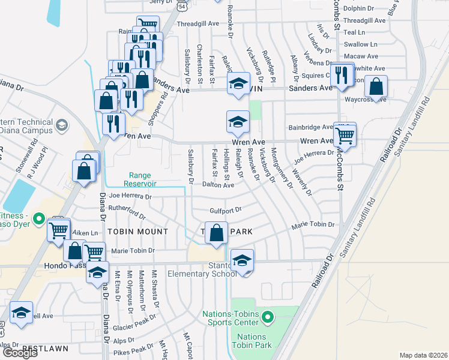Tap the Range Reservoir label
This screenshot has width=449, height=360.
click(140, 179)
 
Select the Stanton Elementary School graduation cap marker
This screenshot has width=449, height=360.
click(242, 261)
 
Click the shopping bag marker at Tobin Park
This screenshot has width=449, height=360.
click(217, 233)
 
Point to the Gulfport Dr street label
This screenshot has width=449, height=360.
click(225, 210)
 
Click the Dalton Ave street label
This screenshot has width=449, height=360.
click(218, 185)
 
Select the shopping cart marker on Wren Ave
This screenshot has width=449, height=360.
click(345, 136)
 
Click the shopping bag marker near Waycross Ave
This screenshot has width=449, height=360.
click(376, 87)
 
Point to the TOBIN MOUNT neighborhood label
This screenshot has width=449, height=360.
click(137, 232)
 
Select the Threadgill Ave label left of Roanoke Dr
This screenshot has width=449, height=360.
click(197, 23)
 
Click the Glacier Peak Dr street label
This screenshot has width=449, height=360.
click(133, 325)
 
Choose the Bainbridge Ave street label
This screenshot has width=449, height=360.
click(310, 127)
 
